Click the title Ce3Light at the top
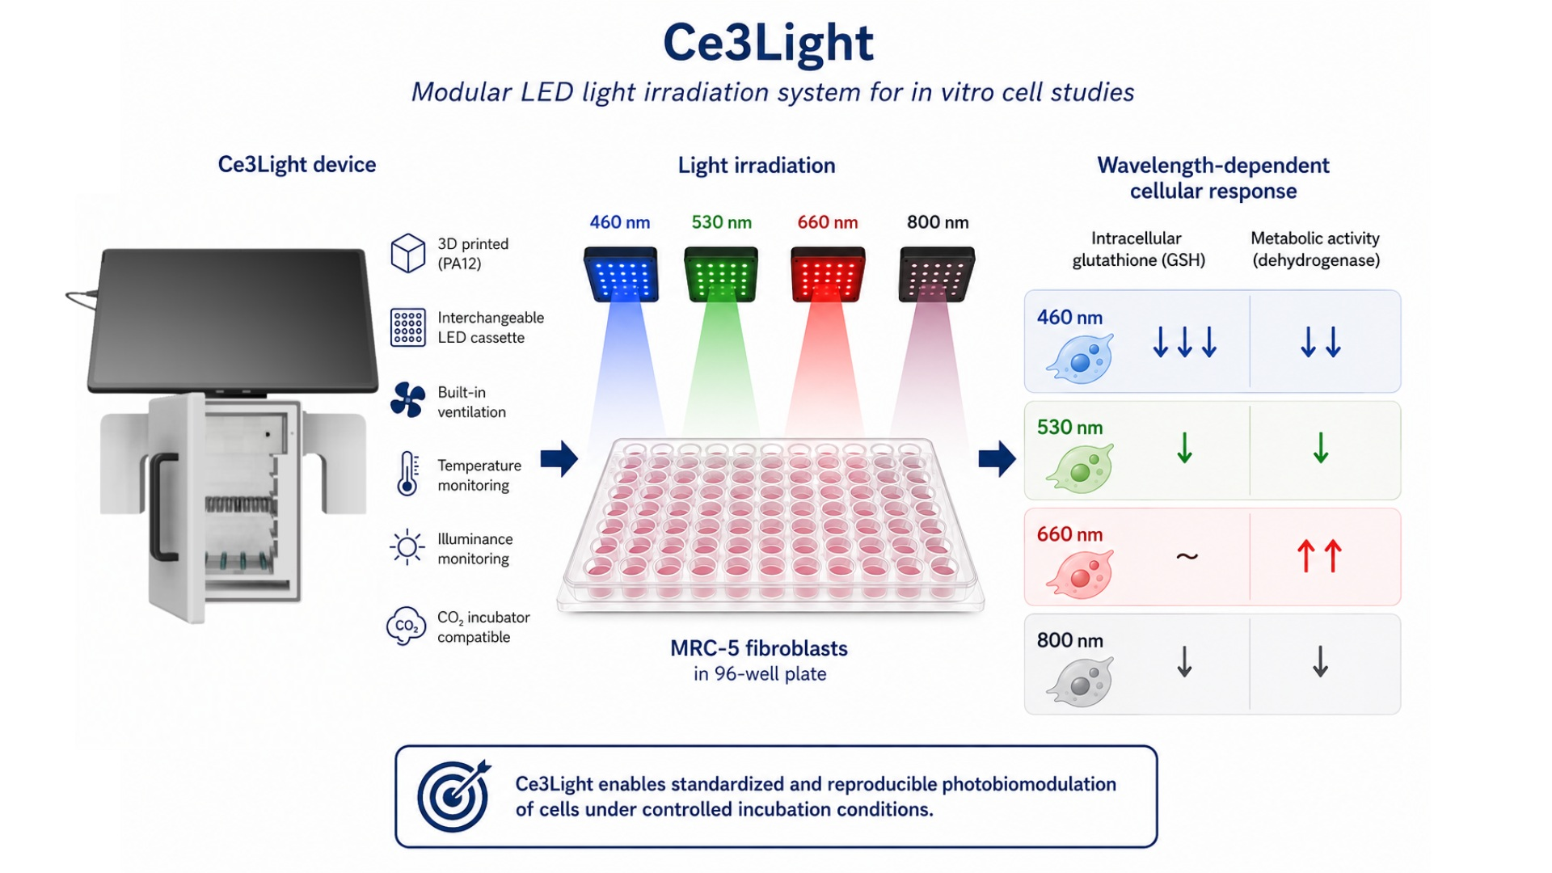pyautogui.click(x=768, y=43)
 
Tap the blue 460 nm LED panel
pyautogui.click(x=621, y=275)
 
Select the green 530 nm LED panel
pyautogui.click(x=721, y=275)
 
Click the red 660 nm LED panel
pyautogui.click(x=828, y=275)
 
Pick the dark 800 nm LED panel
pyautogui.click(x=937, y=275)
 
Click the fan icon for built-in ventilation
pyautogui.click(x=407, y=400)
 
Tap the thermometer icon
pyautogui.click(x=407, y=474)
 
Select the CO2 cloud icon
pyautogui.click(x=406, y=626)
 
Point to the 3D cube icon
pyautogui.click(x=407, y=253)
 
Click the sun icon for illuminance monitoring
pyautogui.click(x=407, y=547)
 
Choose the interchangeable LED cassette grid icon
pyautogui.click(x=407, y=327)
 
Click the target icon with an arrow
pyautogui.click(x=453, y=796)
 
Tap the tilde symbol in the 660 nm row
pyautogui.click(x=1187, y=556)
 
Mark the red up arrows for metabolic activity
pyautogui.click(x=1319, y=556)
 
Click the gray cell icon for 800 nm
pyautogui.click(x=1080, y=682)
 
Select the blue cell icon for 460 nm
pyautogui.click(x=1080, y=358)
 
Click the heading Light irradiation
pyautogui.click(x=757, y=166)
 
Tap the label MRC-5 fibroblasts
pyautogui.click(x=759, y=648)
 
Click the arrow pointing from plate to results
pyautogui.click(x=997, y=459)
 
